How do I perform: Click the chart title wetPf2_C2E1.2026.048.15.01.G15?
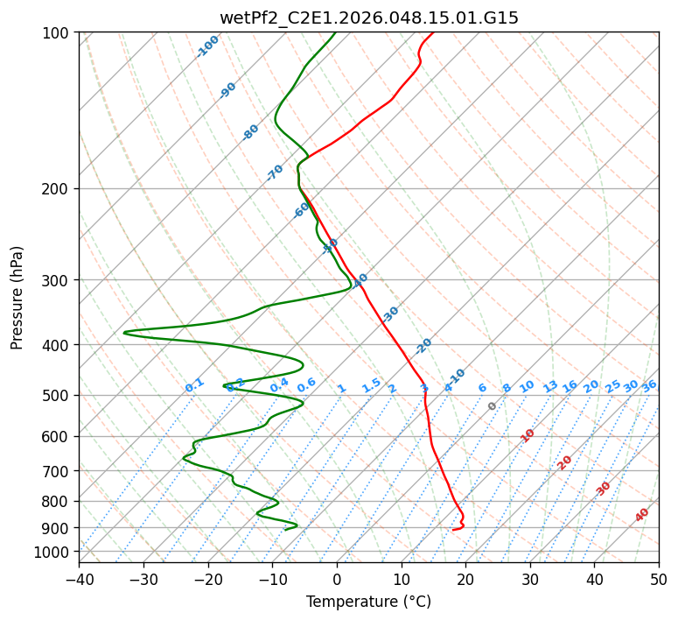point(368,18)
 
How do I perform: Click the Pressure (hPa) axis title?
point(17,298)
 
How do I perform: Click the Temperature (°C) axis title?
point(368,602)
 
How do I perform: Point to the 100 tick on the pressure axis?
point(58,33)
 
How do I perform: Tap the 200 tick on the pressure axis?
point(58,188)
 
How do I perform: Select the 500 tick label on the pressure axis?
point(58,396)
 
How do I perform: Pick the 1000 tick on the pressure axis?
point(54,552)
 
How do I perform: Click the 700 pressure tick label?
point(58,471)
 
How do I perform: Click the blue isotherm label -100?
point(208,46)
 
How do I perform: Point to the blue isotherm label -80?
point(251,132)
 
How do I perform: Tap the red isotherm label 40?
point(642,515)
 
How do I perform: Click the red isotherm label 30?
point(604,489)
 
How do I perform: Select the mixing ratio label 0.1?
point(194,385)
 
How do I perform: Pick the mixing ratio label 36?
point(649,386)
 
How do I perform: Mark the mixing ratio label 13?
point(550,386)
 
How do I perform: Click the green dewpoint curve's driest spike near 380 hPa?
point(125,333)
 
